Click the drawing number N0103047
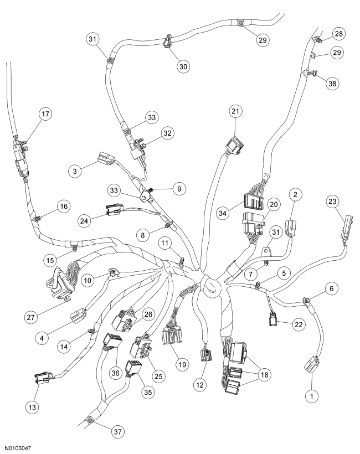coord(22,446)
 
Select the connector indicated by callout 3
coord(106,160)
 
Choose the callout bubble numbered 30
coord(183,65)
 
